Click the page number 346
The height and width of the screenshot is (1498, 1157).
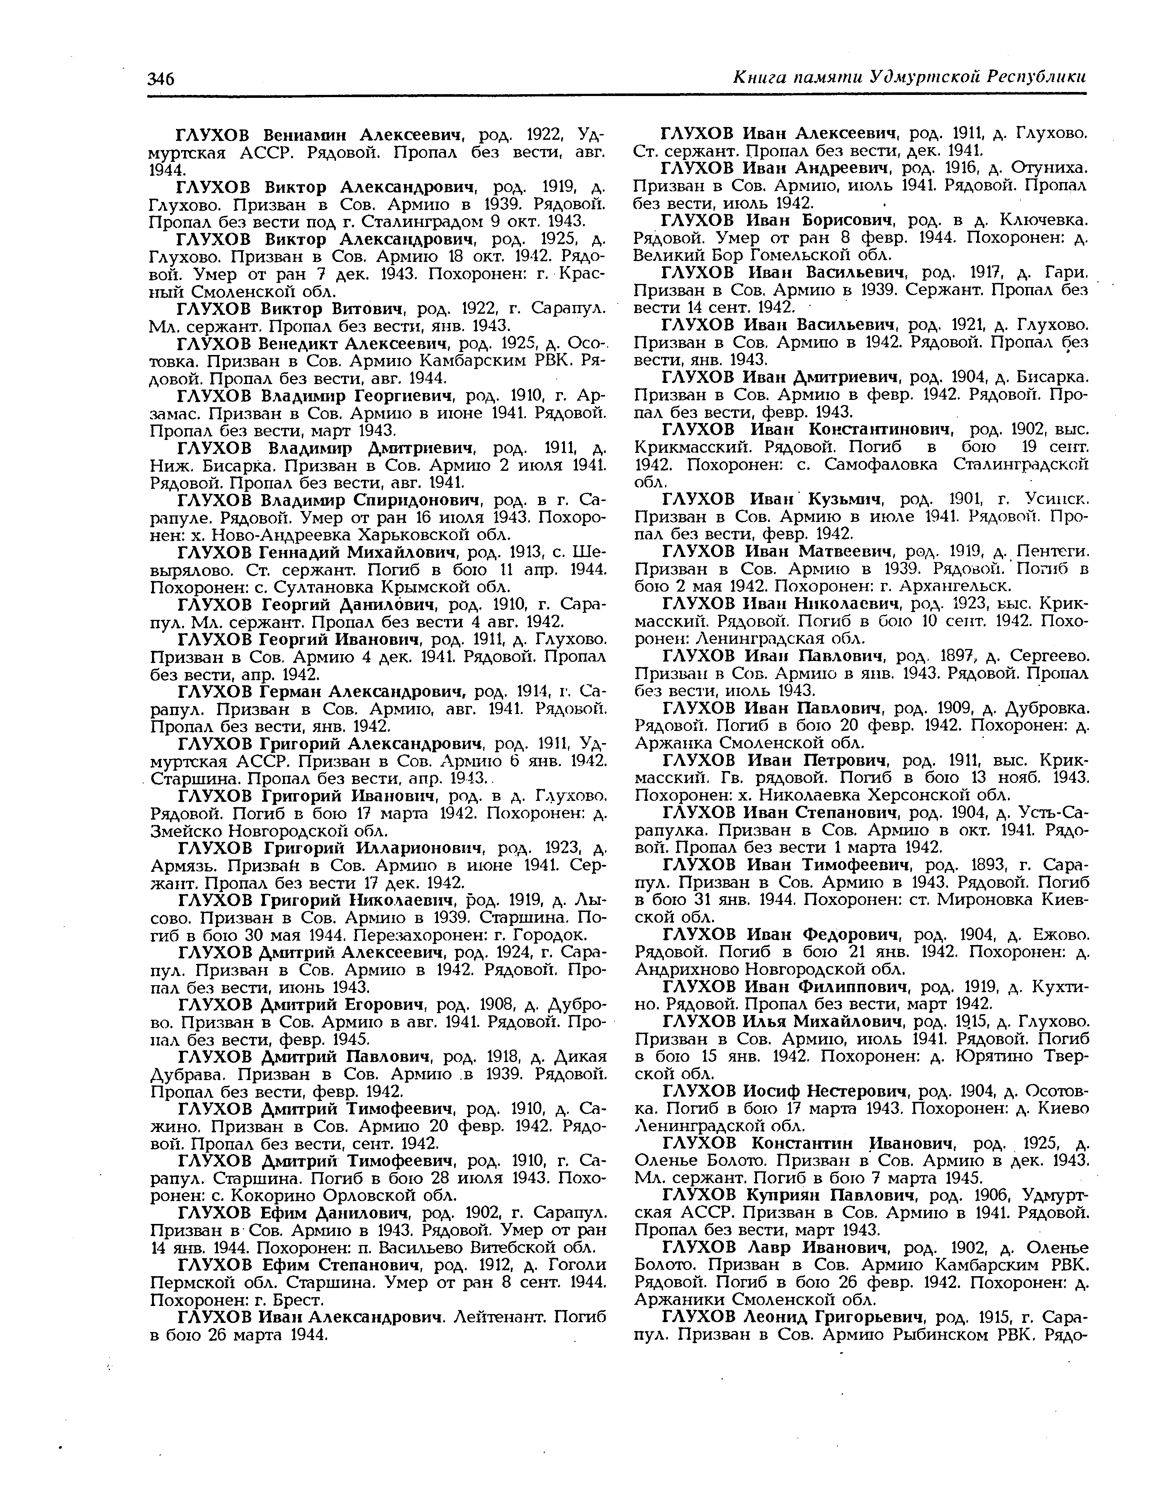point(162,78)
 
